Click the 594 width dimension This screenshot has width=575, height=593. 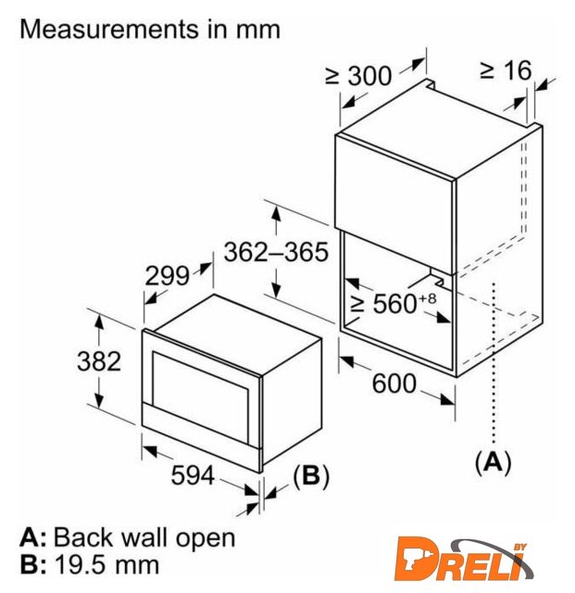[x=193, y=475]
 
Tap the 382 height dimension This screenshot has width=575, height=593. [x=99, y=360]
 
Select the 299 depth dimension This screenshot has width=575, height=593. [x=167, y=276]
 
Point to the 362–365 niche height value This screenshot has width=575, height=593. [x=276, y=252]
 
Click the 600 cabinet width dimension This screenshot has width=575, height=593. [x=394, y=384]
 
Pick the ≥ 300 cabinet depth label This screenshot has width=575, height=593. [x=358, y=76]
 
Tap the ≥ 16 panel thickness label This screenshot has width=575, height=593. [x=506, y=70]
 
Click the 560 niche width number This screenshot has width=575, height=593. [x=394, y=303]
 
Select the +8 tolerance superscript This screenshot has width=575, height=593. [x=428, y=298]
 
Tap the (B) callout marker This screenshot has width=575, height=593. [x=311, y=475]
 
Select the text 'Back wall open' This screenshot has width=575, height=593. [x=144, y=537]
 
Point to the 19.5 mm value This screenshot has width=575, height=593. [x=107, y=564]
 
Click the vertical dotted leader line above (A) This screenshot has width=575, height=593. [x=494, y=362]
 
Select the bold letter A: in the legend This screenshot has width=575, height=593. [x=32, y=537]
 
